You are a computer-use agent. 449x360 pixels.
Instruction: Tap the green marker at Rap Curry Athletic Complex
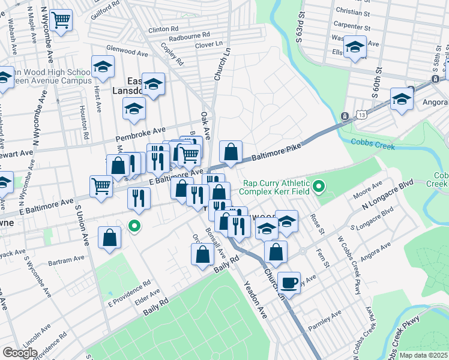[320, 188]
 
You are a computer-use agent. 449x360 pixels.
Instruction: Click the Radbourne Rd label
[189, 37]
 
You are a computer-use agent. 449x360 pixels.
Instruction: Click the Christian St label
[353, 11]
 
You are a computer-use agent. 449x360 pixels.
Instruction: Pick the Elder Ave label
[147, 295]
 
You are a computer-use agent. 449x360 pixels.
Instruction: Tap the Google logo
[20, 352]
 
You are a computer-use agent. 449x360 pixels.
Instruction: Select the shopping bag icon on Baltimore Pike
[231, 152]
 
